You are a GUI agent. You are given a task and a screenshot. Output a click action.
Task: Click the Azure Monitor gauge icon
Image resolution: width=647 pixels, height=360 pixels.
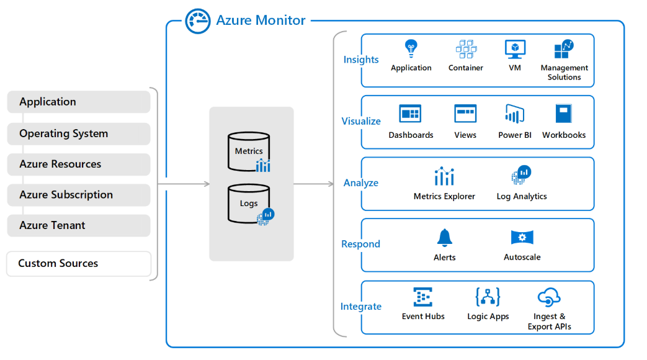coord(198,21)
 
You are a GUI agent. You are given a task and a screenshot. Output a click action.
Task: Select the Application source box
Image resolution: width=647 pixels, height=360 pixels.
coord(79,102)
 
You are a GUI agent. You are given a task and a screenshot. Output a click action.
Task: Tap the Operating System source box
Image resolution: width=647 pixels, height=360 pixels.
coord(79,133)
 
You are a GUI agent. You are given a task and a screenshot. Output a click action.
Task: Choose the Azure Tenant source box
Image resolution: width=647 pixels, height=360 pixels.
coord(79,225)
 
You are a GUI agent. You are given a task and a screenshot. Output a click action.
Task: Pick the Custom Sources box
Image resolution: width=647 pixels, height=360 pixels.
coord(79,263)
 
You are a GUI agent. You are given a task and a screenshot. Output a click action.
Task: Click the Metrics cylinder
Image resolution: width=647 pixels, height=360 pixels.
coord(248,151)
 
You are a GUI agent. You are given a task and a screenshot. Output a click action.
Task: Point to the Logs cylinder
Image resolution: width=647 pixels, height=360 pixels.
coord(248,204)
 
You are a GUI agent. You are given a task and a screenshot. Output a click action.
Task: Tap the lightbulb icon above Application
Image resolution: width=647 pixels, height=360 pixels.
coord(411,48)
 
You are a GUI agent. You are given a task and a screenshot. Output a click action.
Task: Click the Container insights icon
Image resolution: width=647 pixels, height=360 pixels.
coord(466,49)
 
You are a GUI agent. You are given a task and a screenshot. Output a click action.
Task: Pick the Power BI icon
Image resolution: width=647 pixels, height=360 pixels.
coord(515,114)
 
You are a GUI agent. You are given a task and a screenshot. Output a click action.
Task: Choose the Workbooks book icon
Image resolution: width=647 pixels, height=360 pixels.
coord(563,114)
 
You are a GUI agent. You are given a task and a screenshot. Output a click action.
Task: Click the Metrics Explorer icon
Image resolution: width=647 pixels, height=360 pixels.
coord(444,176)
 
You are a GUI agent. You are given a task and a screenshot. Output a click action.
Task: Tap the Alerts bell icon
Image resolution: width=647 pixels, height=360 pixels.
coord(444,238)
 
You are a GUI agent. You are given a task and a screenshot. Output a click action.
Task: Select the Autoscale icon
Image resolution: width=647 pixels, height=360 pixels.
coord(522,238)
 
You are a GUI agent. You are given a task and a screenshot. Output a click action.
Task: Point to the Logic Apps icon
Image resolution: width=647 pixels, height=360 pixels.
coord(488,297)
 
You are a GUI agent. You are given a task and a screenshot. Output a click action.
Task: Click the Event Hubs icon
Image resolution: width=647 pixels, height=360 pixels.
coord(423,297)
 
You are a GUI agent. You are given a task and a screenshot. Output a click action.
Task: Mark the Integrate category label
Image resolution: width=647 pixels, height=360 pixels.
coord(361,307)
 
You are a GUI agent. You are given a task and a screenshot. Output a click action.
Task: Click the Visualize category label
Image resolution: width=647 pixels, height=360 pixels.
coord(361,121)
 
